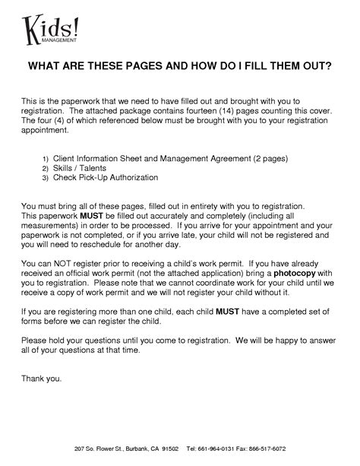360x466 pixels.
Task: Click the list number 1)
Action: [46, 158]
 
